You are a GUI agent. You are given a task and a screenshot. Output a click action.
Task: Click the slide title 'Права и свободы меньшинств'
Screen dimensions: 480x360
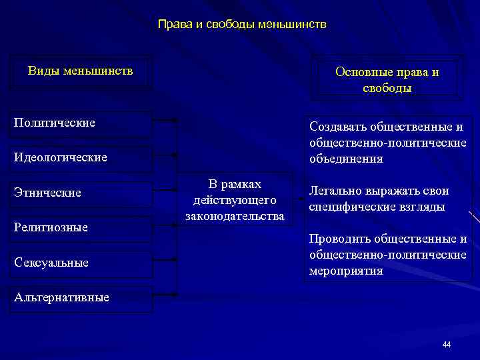[x=242, y=25]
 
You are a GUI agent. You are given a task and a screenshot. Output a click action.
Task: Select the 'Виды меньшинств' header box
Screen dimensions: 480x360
[x=81, y=71]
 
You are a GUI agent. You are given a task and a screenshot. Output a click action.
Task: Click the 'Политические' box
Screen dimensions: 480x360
[x=81, y=123]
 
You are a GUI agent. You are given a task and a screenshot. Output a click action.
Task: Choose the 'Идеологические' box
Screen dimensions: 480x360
[x=81, y=158]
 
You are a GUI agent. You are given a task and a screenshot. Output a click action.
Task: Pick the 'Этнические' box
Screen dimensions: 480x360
[x=81, y=193]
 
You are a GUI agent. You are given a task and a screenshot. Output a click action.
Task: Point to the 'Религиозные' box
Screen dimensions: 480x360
[x=81, y=228]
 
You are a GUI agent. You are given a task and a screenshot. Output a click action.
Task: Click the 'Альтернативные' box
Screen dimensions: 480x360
[x=81, y=297]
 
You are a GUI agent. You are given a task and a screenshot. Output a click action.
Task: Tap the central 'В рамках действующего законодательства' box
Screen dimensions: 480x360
[x=235, y=200]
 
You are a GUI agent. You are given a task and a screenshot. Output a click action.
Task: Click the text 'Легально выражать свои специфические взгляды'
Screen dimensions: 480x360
[x=378, y=199]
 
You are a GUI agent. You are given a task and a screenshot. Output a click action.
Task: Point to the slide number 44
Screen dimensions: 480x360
[x=446, y=345]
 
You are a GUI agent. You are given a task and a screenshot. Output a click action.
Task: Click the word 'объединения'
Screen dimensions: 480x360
[x=345, y=159]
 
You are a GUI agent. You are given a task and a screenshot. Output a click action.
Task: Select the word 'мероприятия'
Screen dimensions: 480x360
[x=346, y=271]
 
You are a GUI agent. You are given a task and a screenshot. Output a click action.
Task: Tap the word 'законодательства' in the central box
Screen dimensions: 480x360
[x=235, y=216]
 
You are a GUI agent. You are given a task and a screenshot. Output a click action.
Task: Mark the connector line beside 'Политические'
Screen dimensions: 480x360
[x=164, y=121]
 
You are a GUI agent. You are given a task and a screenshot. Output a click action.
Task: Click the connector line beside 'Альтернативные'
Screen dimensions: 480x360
[x=164, y=294]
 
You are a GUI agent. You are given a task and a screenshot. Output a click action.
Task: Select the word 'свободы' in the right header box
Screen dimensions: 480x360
[x=387, y=88]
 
